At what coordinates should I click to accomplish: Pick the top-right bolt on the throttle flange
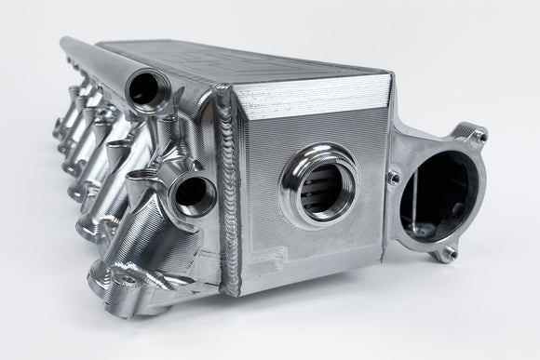point(478,137)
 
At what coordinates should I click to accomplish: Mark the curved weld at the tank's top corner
point(223,93)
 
